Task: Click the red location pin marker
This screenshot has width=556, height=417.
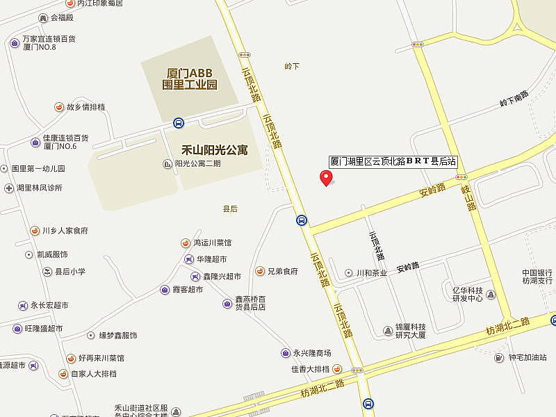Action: point(325,177)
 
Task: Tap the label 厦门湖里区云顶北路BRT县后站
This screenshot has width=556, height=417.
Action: point(393,161)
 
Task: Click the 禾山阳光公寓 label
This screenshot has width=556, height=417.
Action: point(214,149)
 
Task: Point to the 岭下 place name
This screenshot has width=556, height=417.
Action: point(292,66)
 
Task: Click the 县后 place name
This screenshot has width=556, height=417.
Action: point(230,208)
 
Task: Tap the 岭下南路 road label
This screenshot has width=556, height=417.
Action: point(514,99)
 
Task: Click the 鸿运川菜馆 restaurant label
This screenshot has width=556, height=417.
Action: point(212,243)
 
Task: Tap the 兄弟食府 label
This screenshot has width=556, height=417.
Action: point(282,271)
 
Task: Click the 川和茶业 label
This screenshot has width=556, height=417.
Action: point(371,272)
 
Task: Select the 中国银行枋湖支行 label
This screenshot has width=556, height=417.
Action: point(537,276)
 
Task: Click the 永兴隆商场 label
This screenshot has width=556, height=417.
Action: point(311,353)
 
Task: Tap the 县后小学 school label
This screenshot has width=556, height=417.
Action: point(69,271)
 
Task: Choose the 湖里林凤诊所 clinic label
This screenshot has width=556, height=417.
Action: point(39,188)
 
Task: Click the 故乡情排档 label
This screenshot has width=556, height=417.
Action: point(85,107)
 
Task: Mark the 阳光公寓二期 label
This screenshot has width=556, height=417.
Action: point(197,164)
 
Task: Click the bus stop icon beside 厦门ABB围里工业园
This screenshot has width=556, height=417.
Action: point(179,123)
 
